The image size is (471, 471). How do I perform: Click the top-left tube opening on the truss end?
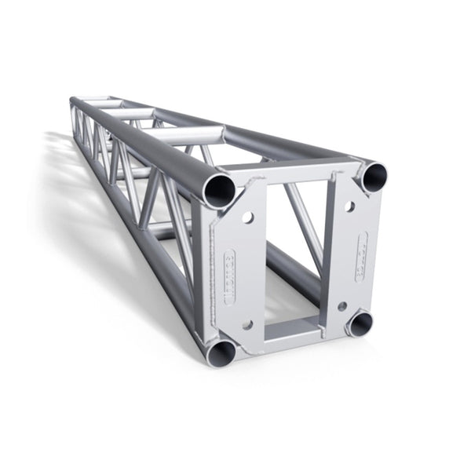pos(218,190)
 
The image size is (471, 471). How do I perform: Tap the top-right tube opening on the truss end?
pos(374,176)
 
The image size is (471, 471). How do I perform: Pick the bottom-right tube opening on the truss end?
pos(360,323)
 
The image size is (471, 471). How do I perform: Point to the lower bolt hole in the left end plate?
pos(247,323)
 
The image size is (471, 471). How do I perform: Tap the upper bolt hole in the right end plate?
pos(349,207)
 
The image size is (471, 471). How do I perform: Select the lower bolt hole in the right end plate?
pos(342,305)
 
